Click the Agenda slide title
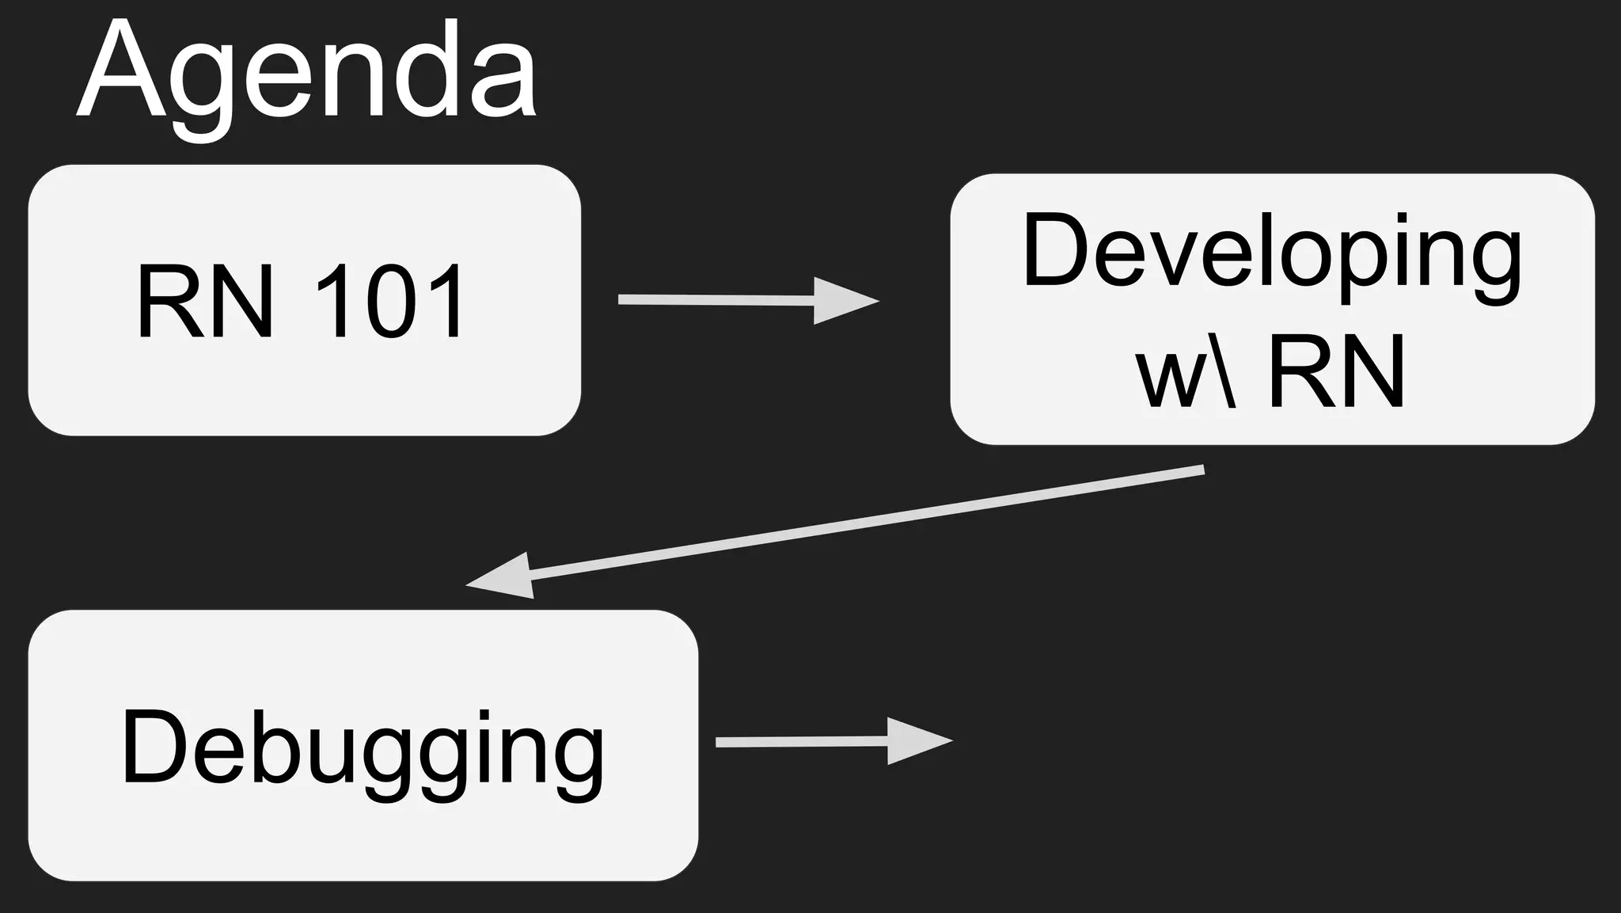(307, 75)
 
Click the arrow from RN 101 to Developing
(747, 300)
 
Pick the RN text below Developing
(1337, 370)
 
